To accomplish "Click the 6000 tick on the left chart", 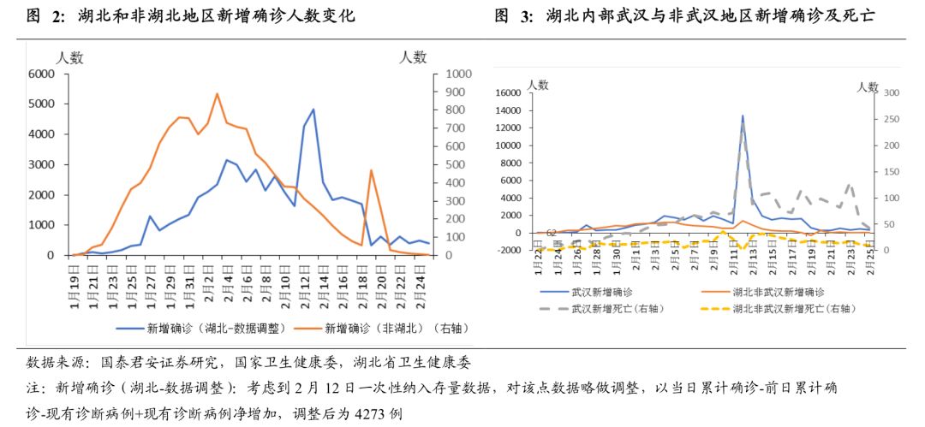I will coord(41,74).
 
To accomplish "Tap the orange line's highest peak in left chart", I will coord(217,93).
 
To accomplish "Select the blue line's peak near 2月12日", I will coord(313,110).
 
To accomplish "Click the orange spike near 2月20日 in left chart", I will coord(371,170).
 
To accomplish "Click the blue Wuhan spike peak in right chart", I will coord(743,116).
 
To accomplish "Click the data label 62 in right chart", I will coord(552,232).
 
